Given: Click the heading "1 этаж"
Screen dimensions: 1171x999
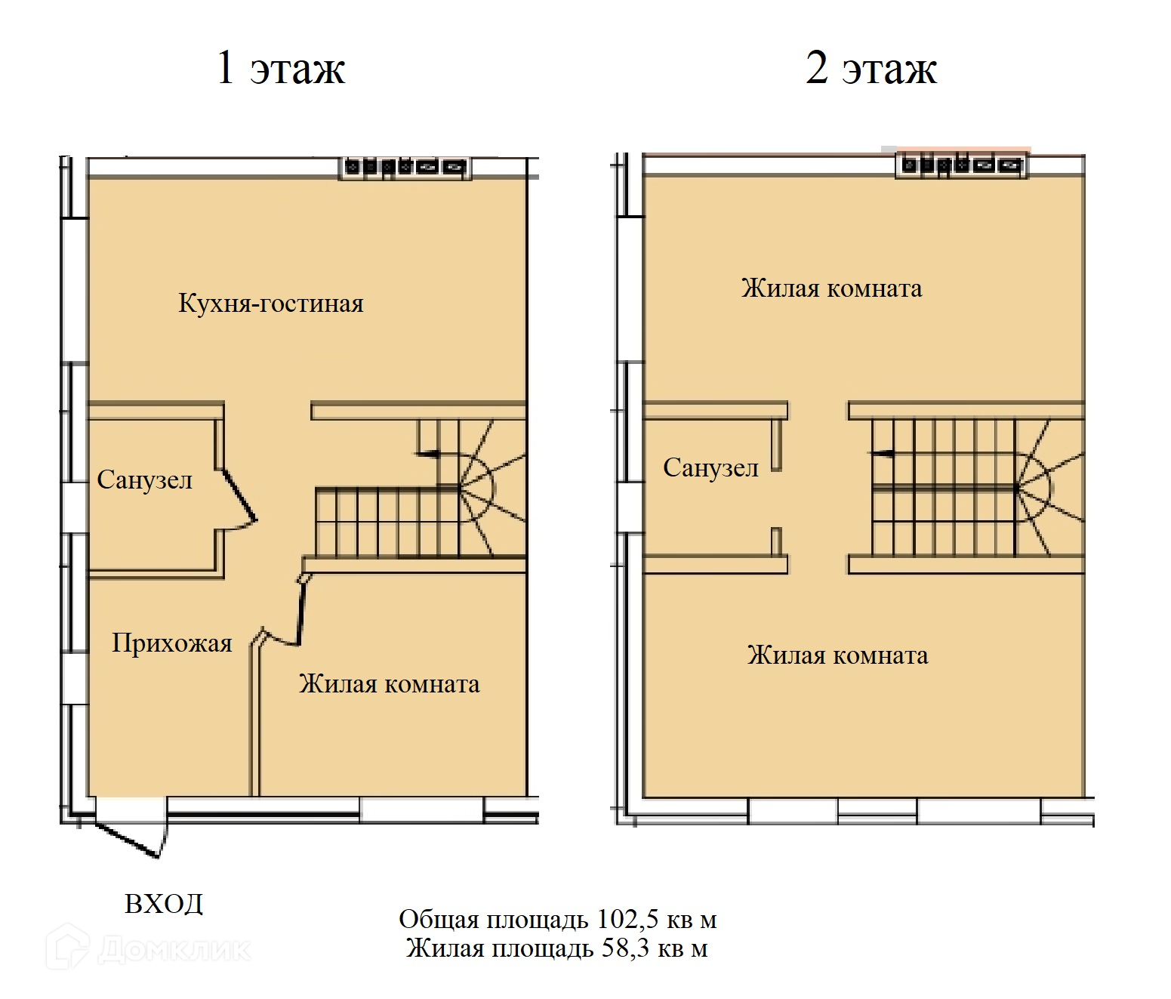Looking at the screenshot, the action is [280, 68].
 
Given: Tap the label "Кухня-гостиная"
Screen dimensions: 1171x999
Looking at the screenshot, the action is [270, 304].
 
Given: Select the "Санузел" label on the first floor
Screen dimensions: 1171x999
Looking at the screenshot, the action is [145, 480].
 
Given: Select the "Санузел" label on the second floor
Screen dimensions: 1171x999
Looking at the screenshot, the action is [710, 468].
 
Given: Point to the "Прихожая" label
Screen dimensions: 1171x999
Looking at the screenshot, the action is [172, 643].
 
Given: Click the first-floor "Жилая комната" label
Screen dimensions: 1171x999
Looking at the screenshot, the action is [389, 684].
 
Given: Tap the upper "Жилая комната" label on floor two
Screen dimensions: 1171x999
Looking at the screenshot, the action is [831, 288].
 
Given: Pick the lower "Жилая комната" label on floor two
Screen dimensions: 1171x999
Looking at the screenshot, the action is [837, 655].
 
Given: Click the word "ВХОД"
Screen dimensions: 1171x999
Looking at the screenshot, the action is [164, 904].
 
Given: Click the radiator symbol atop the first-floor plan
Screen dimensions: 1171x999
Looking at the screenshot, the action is [405, 167].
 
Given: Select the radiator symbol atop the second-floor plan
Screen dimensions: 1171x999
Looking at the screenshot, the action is [960, 165].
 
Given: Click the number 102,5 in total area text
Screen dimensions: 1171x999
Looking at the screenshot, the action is [626, 920].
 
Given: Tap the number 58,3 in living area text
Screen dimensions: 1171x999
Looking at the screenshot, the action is [625, 948].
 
